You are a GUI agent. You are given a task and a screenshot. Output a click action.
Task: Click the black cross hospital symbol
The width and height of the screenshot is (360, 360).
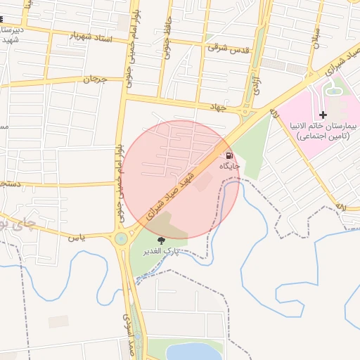[323, 115]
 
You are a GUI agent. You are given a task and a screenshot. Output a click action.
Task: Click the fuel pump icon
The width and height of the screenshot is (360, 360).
[230, 155]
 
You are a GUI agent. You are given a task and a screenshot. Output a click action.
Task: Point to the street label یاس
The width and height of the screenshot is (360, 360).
[77, 238]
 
